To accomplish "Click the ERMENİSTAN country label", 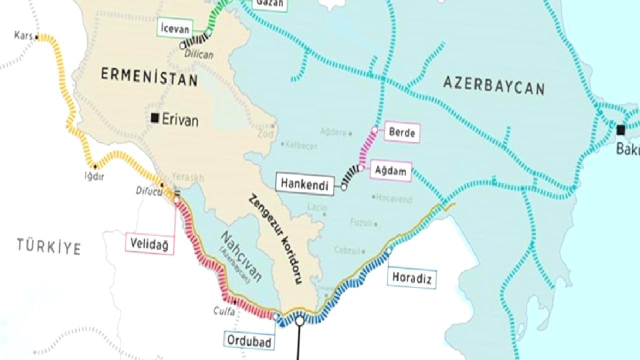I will tap(149, 77).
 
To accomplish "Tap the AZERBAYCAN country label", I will tap(493, 86).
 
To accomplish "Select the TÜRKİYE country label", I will tap(49, 246).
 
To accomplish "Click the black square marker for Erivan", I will tap(155, 118).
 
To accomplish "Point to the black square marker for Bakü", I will tap(620, 130).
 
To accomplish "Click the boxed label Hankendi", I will tap(304, 184).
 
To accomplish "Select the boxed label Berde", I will tap(402, 133).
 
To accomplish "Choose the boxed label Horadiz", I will tap(411, 277).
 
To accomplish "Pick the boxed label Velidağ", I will tap(150, 244).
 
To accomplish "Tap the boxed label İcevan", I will tap(174, 28).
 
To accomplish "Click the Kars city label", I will tap(23, 36).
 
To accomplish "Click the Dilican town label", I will tap(199, 54).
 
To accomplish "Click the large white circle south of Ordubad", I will tap(299, 320).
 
